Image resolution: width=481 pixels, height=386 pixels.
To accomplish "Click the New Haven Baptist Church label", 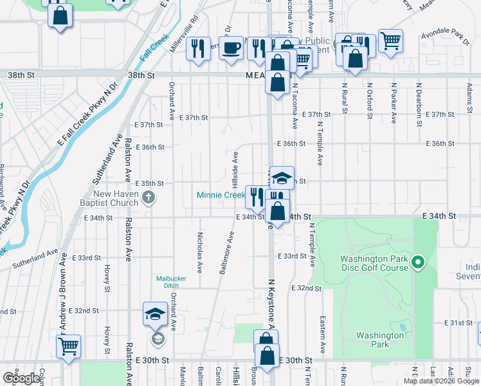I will [116, 199].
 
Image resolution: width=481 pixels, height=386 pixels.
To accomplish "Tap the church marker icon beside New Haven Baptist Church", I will [149, 197].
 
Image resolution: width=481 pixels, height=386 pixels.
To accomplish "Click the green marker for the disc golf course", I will [418, 262].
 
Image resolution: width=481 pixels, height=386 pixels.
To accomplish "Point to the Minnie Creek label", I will [221, 195].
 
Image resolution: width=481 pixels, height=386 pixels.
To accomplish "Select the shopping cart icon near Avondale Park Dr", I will [390, 41].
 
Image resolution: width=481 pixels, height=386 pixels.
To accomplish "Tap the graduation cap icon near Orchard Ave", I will [155, 315].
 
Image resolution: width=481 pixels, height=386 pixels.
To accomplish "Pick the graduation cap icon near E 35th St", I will [282, 178].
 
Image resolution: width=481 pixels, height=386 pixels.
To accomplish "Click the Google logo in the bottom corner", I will [21, 378].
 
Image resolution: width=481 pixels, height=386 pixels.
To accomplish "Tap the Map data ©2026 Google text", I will [440, 381].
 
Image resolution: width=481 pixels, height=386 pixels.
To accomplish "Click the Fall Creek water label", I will [154, 48].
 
